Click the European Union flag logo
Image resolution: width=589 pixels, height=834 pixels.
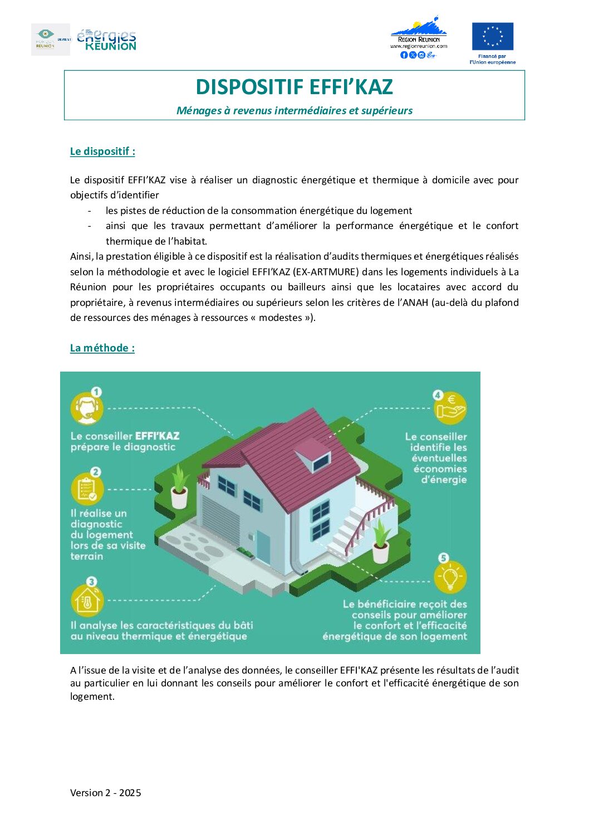tap(492, 37)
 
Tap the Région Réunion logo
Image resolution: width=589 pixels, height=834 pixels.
tap(419, 37)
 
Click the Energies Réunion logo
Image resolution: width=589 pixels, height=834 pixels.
tap(106, 40)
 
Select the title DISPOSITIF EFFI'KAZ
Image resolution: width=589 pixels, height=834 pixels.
tap(294, 87)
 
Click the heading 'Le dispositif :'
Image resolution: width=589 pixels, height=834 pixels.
tap(102, 152)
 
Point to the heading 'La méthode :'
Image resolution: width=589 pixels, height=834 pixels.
tap(102, 348)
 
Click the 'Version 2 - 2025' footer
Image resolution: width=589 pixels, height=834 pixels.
tap(106, 793)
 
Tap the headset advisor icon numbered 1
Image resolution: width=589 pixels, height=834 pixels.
tap(86, 408)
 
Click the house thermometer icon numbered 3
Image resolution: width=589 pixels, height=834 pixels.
tap(87, 600)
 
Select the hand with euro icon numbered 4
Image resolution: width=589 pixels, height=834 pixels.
tap(450, 407)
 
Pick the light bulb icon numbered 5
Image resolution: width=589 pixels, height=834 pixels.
tap(450, 578)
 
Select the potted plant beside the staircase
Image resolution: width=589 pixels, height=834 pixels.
tap(381, 540)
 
